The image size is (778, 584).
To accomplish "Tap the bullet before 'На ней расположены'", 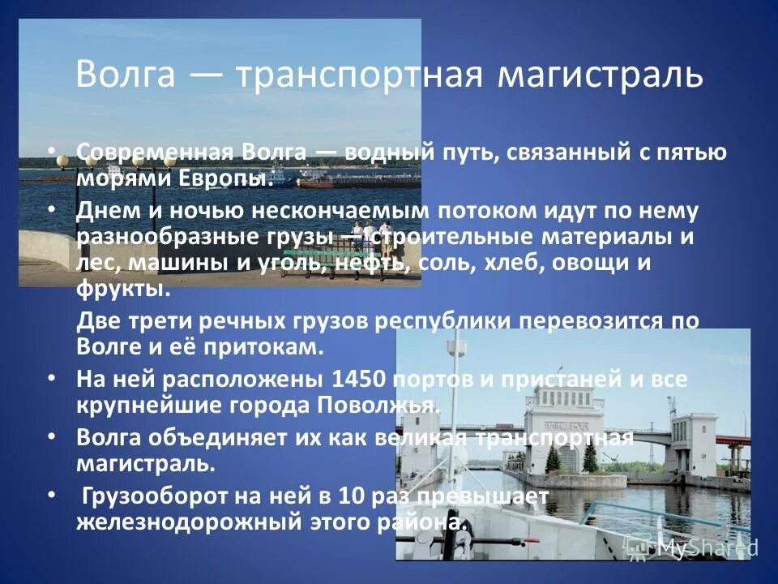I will pyautogui.click(x=52, y=379).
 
